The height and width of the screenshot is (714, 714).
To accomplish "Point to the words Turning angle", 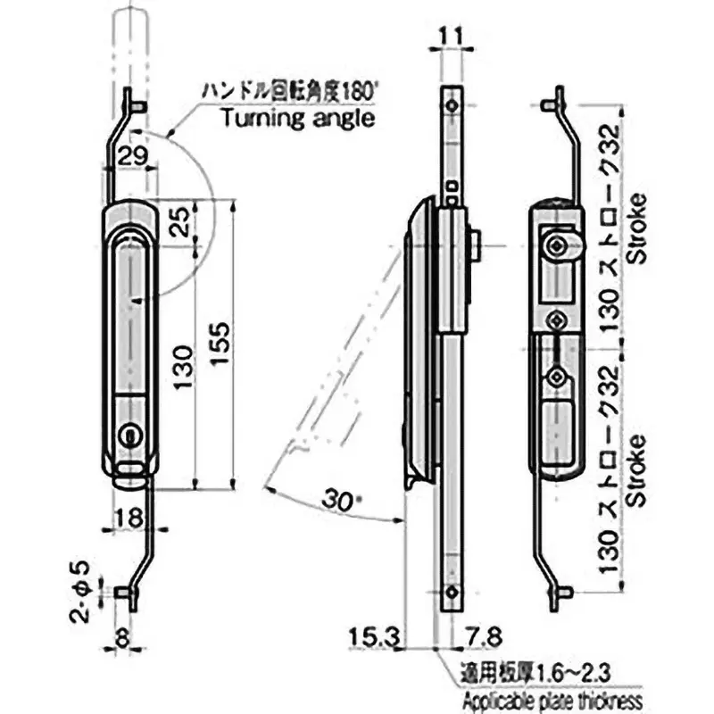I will coord(297,119).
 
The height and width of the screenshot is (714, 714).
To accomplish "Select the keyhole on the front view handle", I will coord(129,435).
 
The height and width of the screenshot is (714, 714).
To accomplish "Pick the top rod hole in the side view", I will coord(454,105).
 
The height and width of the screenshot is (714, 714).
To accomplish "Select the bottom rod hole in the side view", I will coord(454,592).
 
